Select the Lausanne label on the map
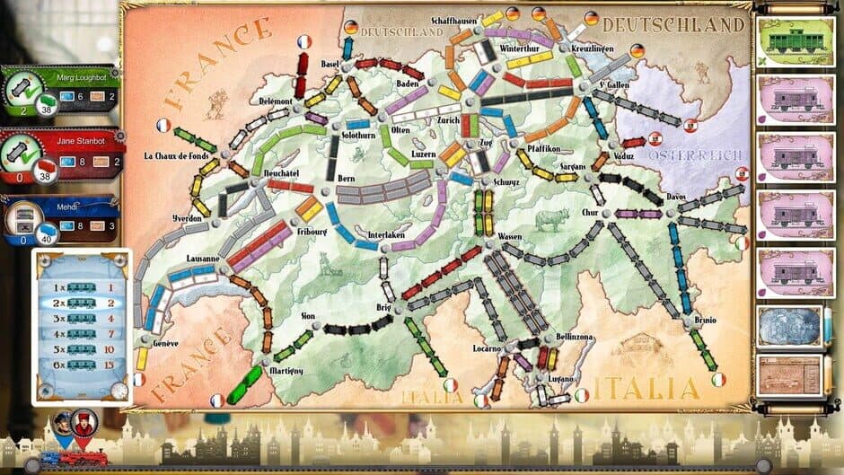coord(204,259)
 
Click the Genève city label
coord(165,343)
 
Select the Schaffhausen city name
coord(455,19)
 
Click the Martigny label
coord(285,370)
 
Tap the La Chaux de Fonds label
coord(178,154)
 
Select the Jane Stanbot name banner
coord(71,141)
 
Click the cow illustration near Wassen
coord(544,220)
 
